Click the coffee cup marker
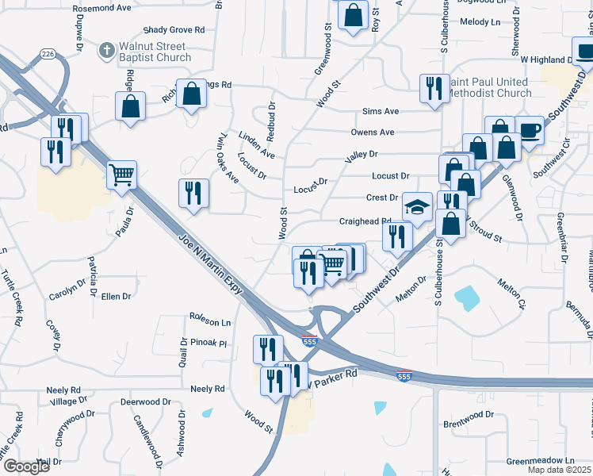pyautogui.click(x=529, y=130)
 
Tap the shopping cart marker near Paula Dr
pyautogui.click(x=121, y=175)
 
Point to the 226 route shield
pyautogui.click(x=48, y=55)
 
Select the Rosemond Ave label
pyautogui.click(x=101, y=9)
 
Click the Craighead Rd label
pyautogui.click(x=365, y=222)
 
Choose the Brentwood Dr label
pyautogui.click(x=469, y=415)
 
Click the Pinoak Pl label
pyautogui.click(x=209, y=343)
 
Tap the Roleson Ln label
pyautogui.click(x=209, y=323)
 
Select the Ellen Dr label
pyautogui.click(x=116, y=296)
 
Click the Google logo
pyautogui.click(x=26, y=466)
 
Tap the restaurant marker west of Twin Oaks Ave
pyautogui.click(x=193, y=194)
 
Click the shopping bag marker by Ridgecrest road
pyautogui.click(x=130, y=106)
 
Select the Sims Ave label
pyautogui.click(x=381, y=112)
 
